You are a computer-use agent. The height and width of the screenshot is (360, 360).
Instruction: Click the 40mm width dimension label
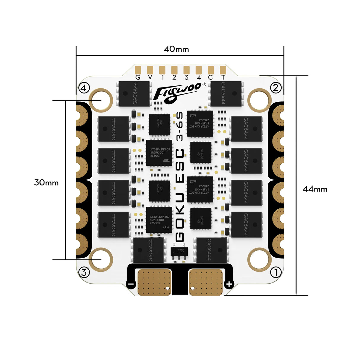[176, 49]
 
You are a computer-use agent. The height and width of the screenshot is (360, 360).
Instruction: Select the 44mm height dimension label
[315, 189]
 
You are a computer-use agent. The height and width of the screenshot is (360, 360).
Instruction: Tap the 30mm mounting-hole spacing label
[46, 182]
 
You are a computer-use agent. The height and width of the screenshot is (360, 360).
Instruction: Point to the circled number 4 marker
[84, 88]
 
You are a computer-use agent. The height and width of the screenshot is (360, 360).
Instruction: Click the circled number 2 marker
[276, 87]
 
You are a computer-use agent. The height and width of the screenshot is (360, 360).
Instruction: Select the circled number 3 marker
[84, 272]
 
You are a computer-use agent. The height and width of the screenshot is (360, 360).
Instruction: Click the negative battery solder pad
[154, 282]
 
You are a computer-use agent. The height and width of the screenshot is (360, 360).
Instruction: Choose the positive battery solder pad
[206, 282]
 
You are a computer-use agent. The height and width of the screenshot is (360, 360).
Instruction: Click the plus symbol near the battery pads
[229, 284]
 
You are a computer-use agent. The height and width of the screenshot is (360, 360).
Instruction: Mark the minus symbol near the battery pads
[131, 284]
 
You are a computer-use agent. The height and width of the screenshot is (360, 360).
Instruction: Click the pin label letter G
[138, 78]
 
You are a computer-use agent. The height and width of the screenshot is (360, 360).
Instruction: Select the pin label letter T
[223, 78]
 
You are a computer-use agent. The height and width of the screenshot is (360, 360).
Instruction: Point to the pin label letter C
[211, 78]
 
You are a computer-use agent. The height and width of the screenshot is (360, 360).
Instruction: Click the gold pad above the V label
[150, 70]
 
